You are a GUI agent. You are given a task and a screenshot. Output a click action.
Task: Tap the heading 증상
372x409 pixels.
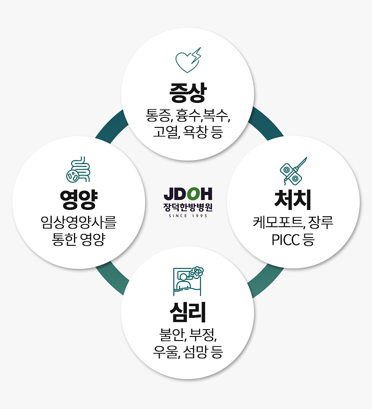tap(188, 93)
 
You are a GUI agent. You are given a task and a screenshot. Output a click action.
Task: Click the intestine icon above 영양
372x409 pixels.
tap(78, 170)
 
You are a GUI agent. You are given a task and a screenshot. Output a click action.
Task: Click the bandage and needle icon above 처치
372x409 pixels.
tap(293, 170)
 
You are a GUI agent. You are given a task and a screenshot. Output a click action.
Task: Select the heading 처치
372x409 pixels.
tap(293, 200)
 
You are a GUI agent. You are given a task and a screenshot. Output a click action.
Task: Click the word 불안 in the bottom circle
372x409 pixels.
tap(171, 336)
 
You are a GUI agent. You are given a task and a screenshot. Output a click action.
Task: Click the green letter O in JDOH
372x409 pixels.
tap(193, 195)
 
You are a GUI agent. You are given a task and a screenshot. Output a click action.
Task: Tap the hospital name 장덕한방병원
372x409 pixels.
tap(188, 207)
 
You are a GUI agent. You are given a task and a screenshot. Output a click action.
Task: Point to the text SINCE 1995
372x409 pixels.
tap(188, 216)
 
